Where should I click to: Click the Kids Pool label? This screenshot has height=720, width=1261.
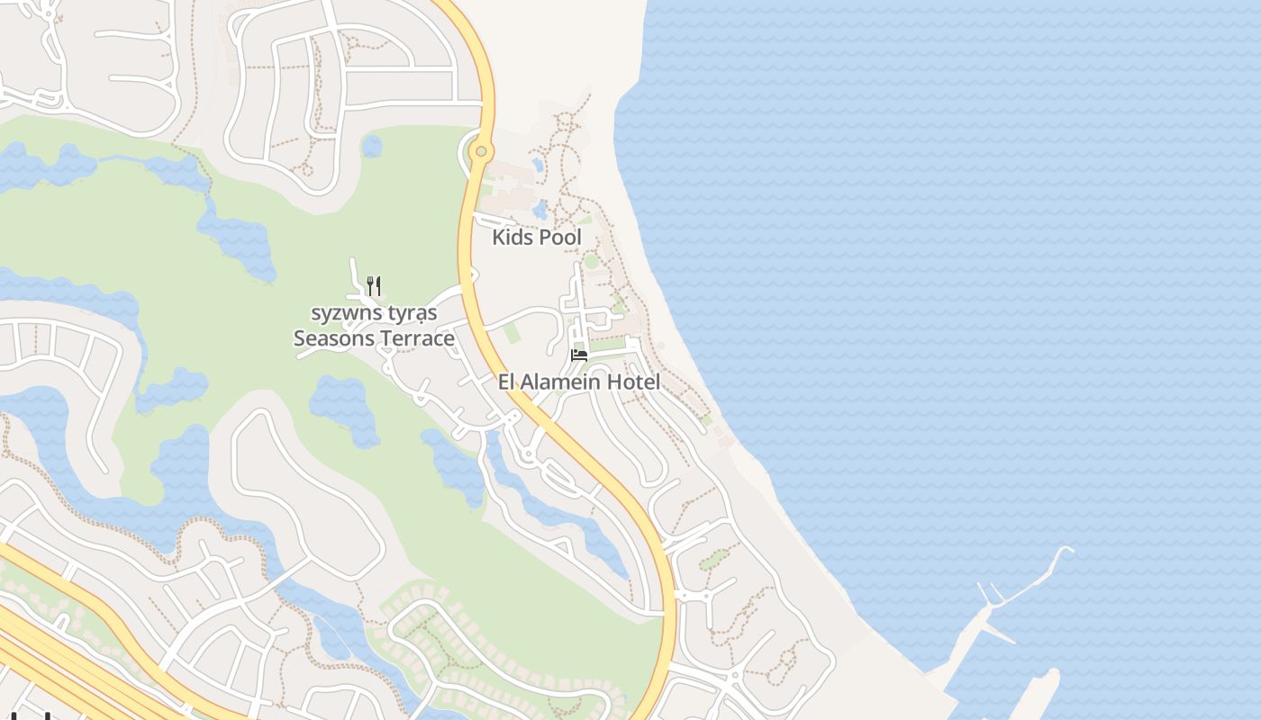point(537,238)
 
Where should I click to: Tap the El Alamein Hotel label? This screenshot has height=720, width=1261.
point(579,382)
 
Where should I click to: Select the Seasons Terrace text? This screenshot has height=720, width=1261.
point(374,338)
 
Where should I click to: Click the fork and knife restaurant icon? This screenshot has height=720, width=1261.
point(374,286)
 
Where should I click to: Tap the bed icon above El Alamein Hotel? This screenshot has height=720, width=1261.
point(579,355)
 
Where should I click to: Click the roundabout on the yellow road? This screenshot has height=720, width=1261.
point(482,151)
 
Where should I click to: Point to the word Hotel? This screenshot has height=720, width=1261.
point(634,382)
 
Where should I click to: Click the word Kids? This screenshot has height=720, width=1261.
point(513,238)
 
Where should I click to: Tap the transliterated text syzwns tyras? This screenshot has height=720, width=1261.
point(374,313)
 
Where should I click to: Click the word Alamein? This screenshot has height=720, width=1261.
point(564,382)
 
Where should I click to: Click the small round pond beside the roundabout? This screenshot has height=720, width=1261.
point(372,146)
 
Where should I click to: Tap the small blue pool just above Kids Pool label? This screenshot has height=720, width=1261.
point(540,210)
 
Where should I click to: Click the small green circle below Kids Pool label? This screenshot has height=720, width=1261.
point(591,261)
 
